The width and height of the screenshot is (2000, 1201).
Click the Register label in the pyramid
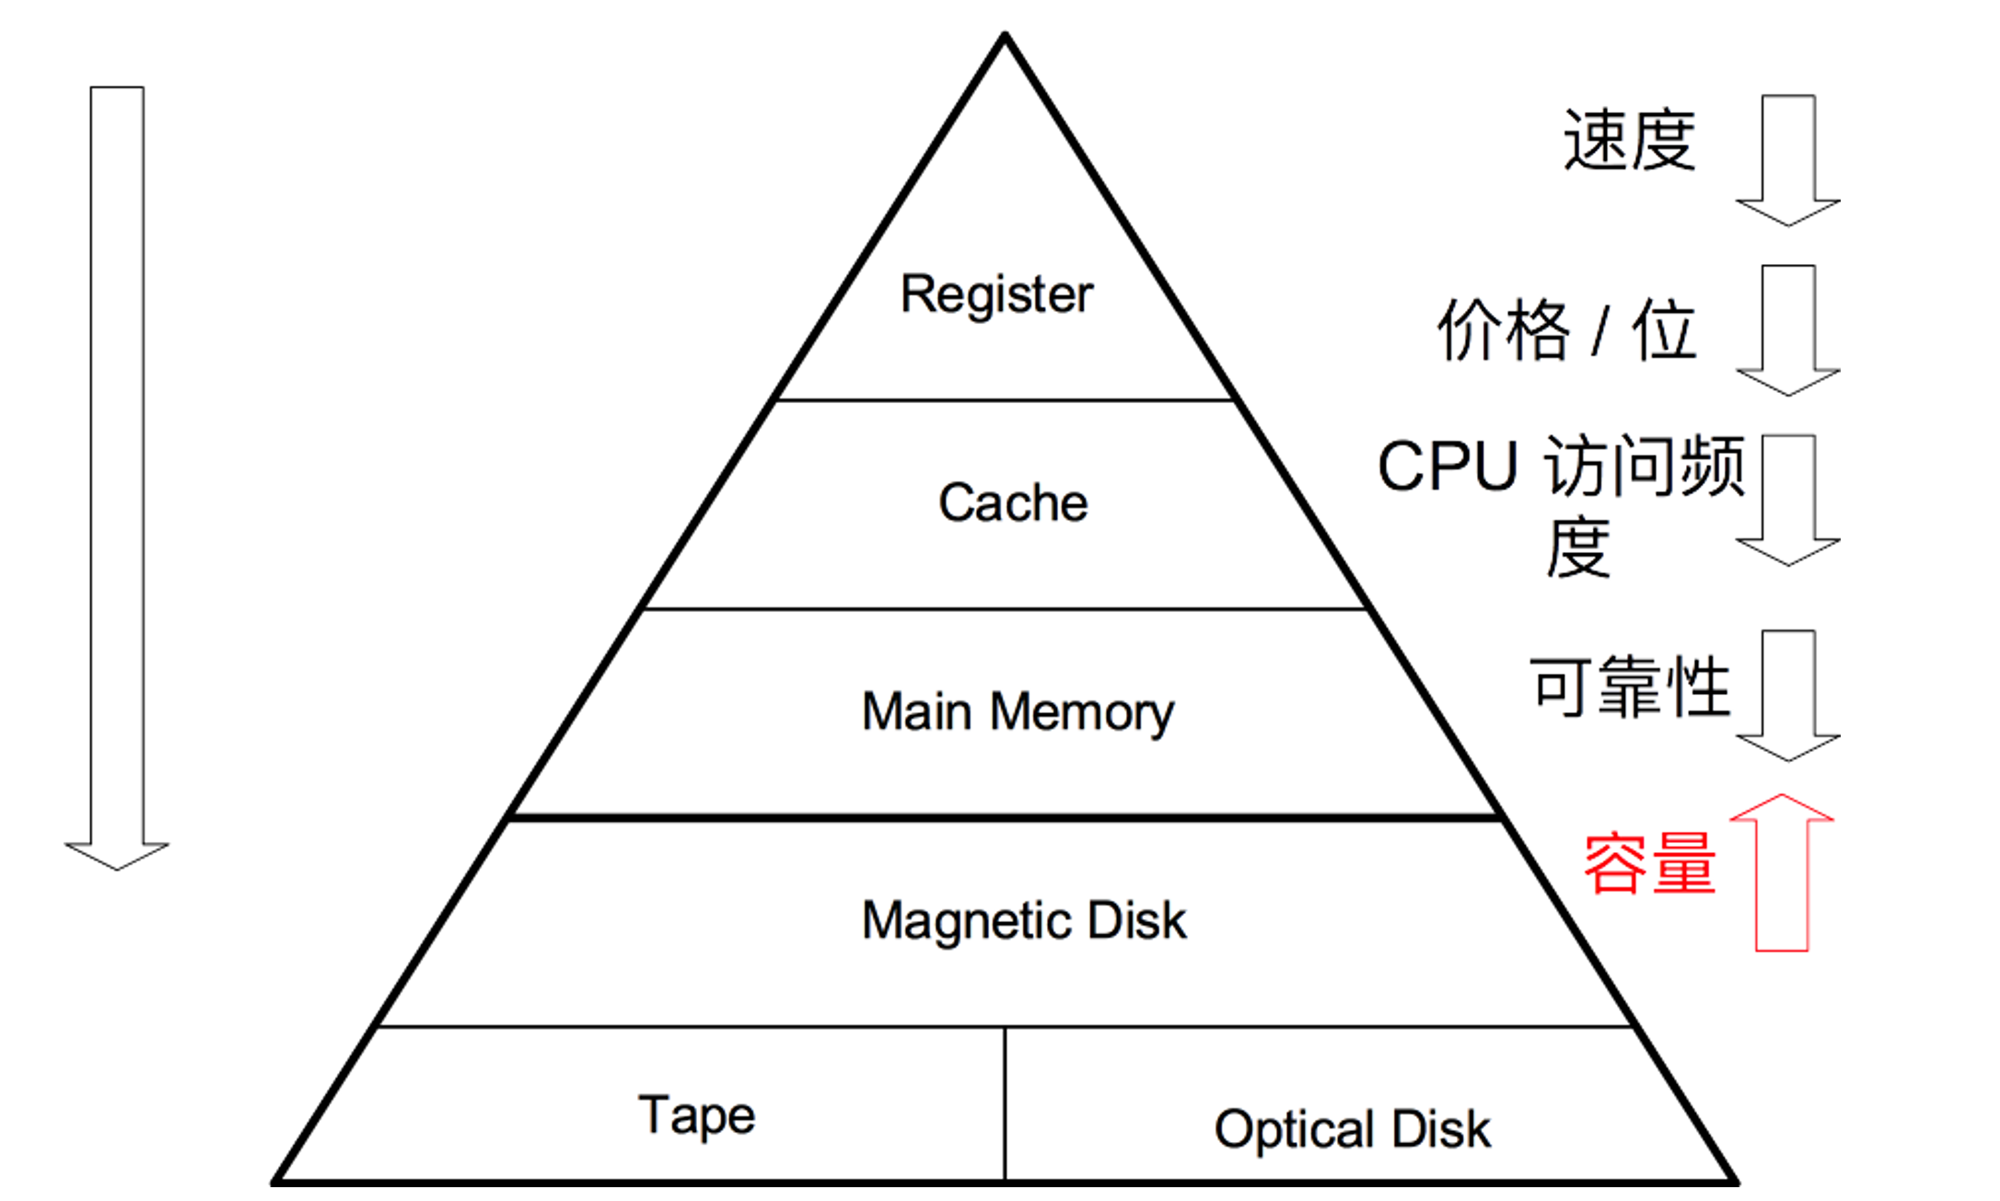tap(996, 294)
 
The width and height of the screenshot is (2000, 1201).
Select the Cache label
tap(1013, 502)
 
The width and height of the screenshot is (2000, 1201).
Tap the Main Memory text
tap(1017, 711)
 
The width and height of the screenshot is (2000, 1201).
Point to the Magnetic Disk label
tap(1024, 920)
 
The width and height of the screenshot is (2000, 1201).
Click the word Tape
tap(696, 1115)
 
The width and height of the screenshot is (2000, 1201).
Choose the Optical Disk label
tap(1352, 1129)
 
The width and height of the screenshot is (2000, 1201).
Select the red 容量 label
tap(1649, 863)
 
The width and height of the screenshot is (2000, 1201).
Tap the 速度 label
tap(1629, 140)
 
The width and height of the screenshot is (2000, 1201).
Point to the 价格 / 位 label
tap(1566, 329)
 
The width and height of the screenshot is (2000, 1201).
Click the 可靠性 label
tap(1630, 687)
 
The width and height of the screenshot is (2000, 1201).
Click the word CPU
tap(1448, 467)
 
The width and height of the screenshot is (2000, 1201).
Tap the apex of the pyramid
tap(1006, 37)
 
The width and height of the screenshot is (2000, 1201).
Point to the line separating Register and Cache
tap(1006, 400)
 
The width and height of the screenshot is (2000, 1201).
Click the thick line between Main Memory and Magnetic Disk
tap(1006, 817)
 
